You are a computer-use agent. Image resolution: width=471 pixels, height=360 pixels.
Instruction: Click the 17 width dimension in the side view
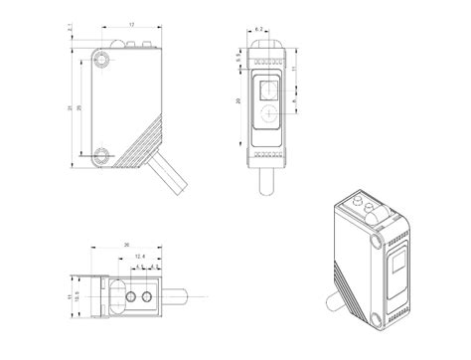pyautogui.click(x=132, y=24)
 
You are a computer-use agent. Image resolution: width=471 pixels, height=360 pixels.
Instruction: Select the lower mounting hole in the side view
pyautogui.click(x=102, y=155)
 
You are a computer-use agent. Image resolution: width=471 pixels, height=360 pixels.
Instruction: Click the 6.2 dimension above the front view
pyautogui.click(x=259, y=31)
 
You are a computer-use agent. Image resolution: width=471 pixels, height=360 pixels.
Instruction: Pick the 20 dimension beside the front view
pyautogui.click(x=239, y=101)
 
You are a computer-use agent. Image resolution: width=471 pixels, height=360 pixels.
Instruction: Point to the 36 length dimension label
pyautogui.click(x=126, y=246)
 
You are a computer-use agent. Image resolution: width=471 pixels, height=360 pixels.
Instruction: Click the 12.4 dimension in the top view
pyautogui.click(x=139, y=258)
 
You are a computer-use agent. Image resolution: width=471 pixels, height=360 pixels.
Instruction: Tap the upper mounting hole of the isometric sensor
pyautogui.click(x=375, y=242)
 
